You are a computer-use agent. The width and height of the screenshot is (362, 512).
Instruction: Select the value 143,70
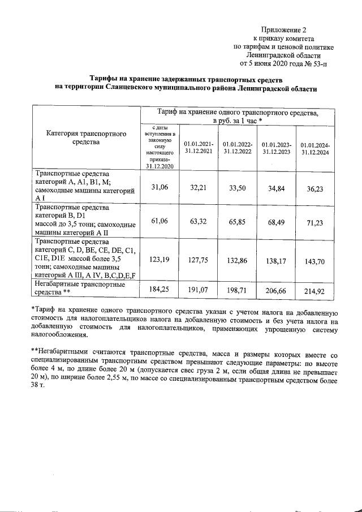[314, 262]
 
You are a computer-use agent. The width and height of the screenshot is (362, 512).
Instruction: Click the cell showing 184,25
[159, 289]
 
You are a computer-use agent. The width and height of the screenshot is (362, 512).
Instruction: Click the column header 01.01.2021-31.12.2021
[199, 147]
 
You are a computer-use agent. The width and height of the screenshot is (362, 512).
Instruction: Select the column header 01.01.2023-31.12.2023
[276, 148]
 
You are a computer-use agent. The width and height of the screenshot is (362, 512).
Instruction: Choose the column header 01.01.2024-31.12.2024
[315, 149]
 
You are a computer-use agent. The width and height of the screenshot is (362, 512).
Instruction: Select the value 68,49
[275, 221]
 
